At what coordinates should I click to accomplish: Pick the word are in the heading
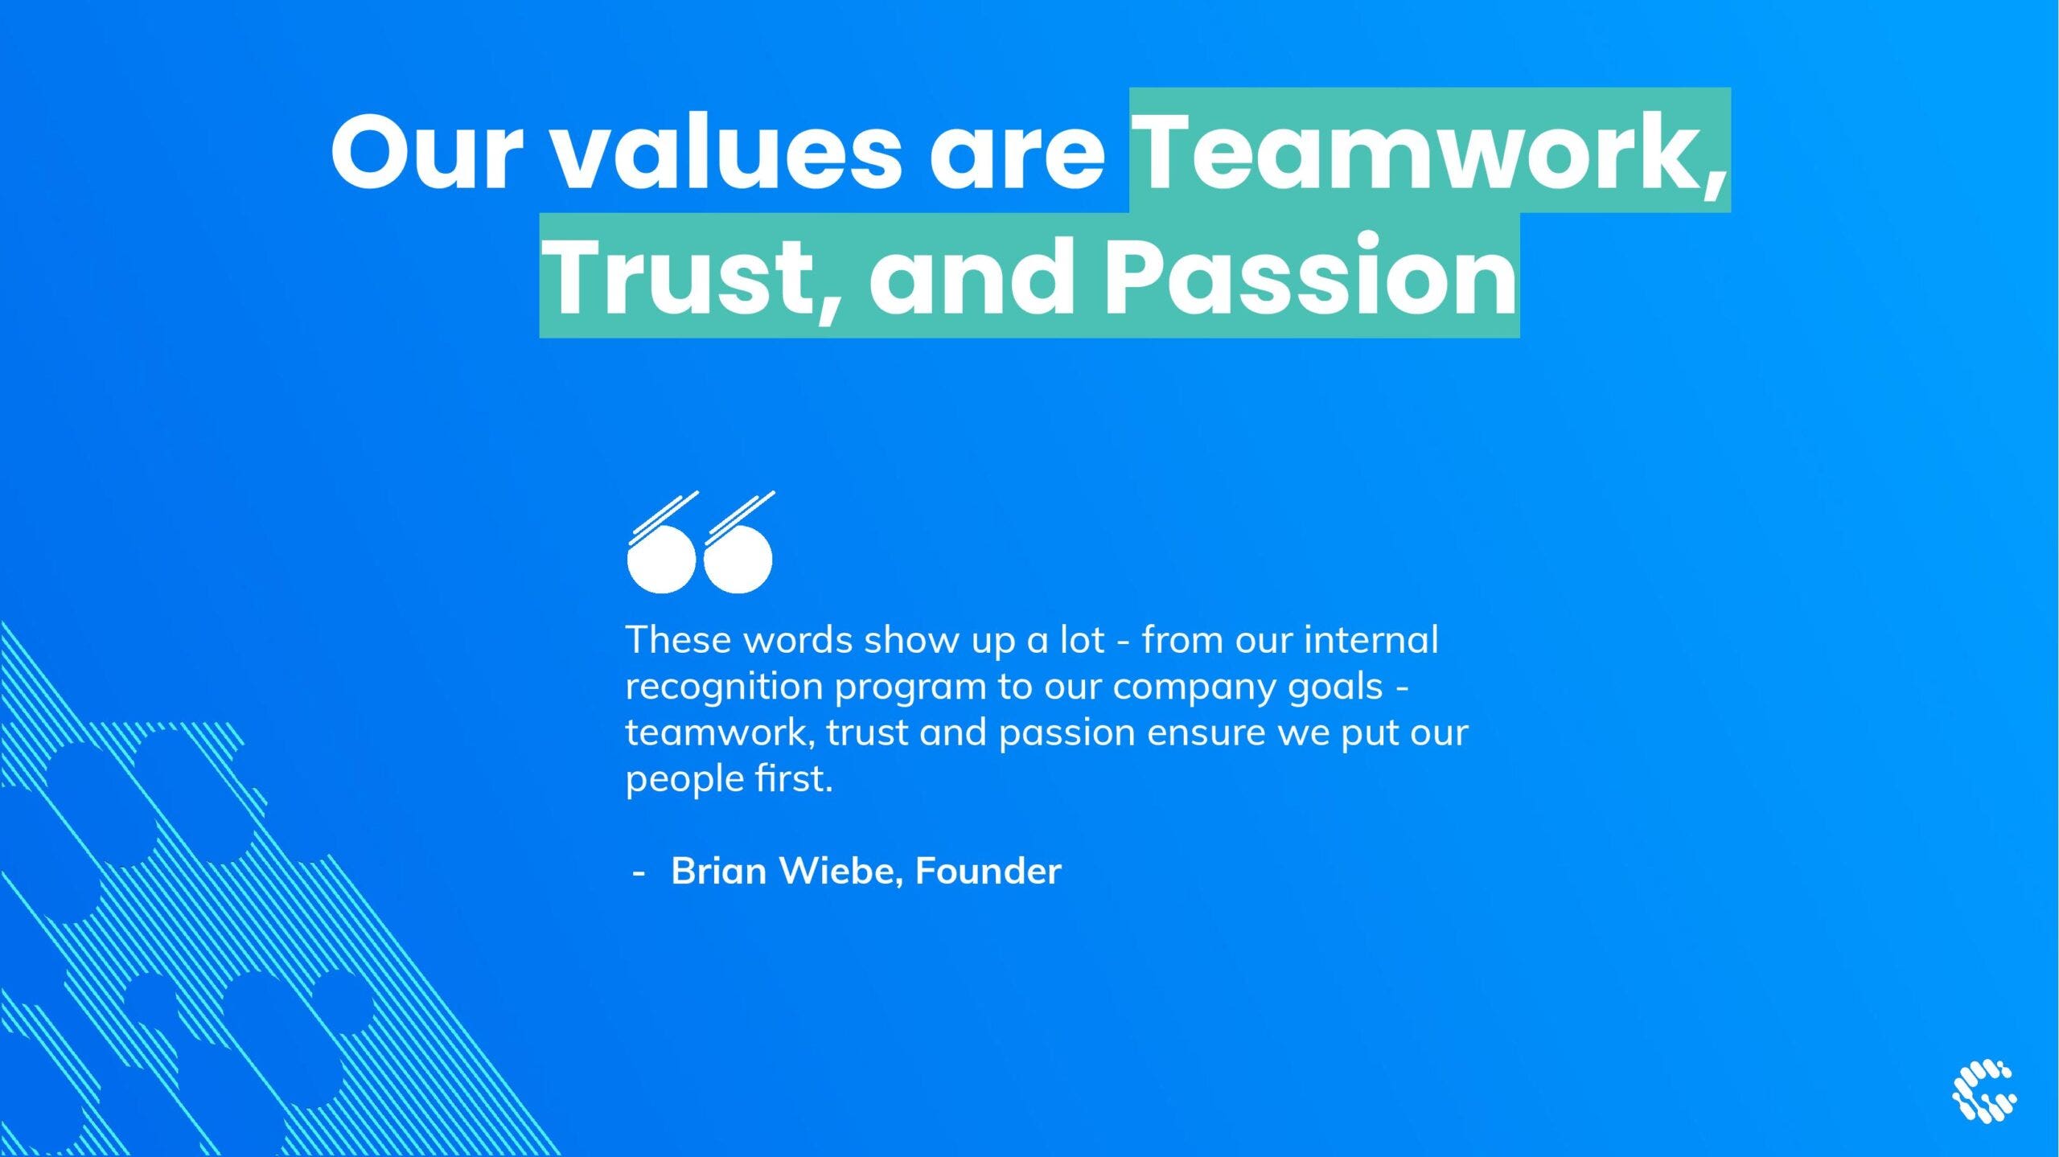click(x=1017, y=161)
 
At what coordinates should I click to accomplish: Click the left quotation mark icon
click(x=663, y=543)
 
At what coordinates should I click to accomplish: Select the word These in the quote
click(x=678, y=640)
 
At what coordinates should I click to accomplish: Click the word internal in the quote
click(x=1371, y=640)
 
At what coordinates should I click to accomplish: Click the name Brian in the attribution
click(x=719, y=871)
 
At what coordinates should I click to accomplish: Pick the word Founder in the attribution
click(x=988, y=871)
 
